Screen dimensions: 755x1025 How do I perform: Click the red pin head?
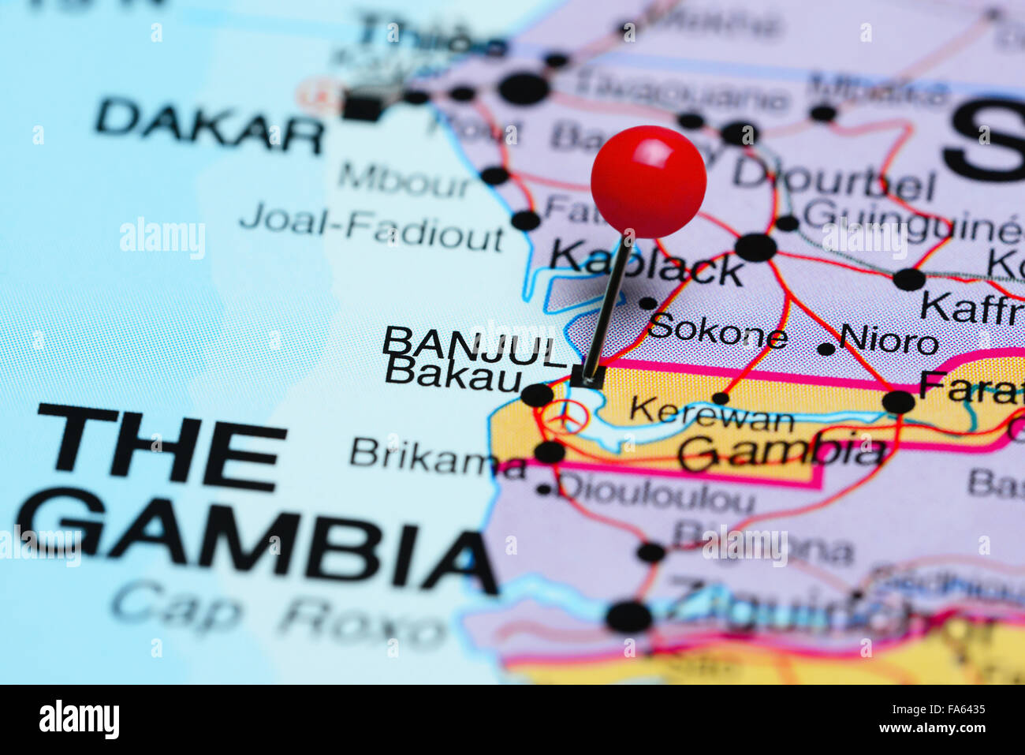648,181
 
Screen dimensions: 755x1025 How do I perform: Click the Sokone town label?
717,332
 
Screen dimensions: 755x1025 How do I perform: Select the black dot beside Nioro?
826,349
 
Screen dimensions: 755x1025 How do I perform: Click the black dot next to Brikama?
549,452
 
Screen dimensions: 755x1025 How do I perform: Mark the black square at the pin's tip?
587,376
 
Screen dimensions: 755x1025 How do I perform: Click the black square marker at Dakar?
362,108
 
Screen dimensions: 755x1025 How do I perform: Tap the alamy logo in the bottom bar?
79,719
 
